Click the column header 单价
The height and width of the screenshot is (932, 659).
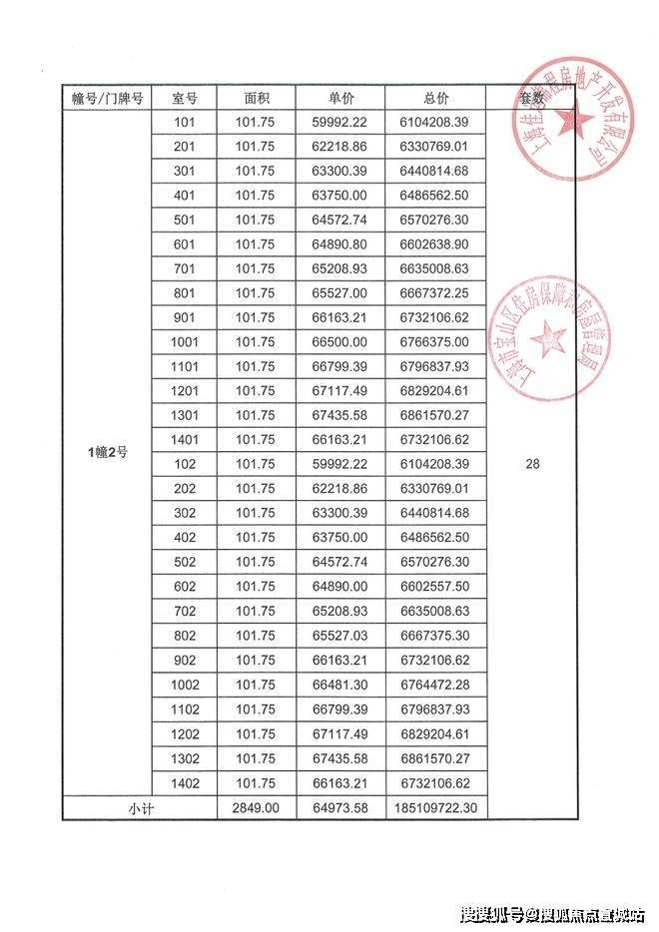coord(340,99)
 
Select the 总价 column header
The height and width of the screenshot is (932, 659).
coord(435,99)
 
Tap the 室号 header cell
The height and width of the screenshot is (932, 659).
coord(185,99)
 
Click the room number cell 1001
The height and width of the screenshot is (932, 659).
coord(185,341)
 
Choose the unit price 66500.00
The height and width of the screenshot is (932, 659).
coord(340,341)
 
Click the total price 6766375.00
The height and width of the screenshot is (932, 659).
coord(435,341)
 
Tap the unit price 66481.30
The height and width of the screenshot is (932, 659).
coord(340,684)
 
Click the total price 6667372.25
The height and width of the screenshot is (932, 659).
coord(435,292)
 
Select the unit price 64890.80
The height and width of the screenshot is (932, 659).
coord(340,243)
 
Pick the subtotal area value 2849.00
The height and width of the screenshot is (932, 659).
coord(256,807)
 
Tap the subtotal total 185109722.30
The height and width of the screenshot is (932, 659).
coord(435,807)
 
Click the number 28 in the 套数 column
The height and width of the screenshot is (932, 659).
coord(532,463)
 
